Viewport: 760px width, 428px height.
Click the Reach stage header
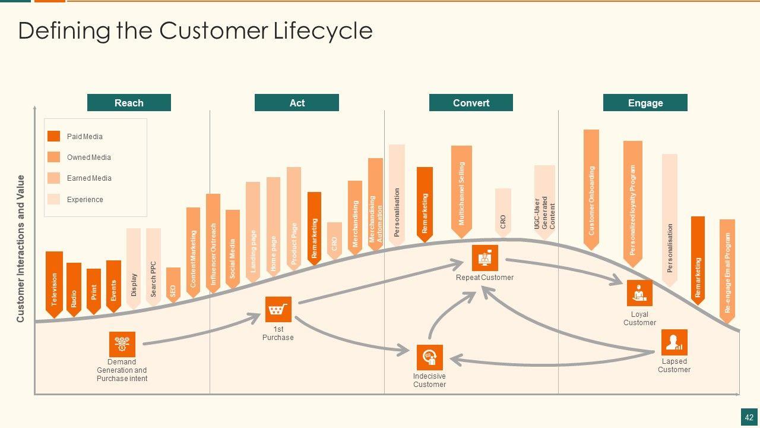[x=129, y=103]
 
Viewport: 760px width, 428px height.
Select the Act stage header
[x=297, y=103]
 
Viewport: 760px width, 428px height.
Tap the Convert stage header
[x=471, y=103]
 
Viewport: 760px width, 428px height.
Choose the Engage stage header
[x=645, y=103]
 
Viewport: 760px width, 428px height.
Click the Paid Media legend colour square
[x=54, y=137]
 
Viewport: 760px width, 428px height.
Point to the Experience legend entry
[x=85, y=200]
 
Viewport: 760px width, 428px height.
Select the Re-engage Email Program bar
[x=727, y=270]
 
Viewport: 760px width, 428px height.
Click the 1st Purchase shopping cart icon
[x=278, y=310]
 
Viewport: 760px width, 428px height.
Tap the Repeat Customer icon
[x=484, y=258]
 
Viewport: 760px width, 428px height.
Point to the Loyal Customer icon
[x=639, y=293]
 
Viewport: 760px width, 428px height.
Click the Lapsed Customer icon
[x=674, y=342]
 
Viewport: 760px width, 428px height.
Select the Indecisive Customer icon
[x=429, y=357]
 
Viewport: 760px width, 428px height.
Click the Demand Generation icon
[x=122, y=344]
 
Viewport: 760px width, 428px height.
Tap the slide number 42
[x=749, y=417]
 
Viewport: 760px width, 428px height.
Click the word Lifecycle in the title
[x=323, y=31]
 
